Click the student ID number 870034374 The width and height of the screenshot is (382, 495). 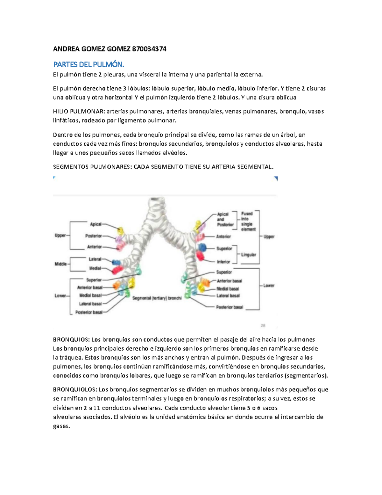point(149,49)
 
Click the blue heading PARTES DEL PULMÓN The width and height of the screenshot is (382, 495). point(88,65)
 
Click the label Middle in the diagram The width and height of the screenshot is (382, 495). point(61,264)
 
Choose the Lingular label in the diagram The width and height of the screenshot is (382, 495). point(249,255)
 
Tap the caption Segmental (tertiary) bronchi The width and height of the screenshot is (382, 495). point(157,298)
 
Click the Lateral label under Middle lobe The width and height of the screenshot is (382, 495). point(95,259)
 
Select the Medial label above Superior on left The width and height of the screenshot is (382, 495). point(95,268)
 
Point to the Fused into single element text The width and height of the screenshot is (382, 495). point(248,222)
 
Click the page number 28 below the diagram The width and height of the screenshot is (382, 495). point(263,326)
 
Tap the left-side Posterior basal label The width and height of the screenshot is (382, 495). point(89,312)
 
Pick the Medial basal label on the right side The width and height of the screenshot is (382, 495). point(228,289)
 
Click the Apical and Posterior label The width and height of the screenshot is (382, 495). point(225,220)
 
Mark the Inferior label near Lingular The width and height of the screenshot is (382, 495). point(223,262)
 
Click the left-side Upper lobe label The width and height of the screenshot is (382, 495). point(60,236)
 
